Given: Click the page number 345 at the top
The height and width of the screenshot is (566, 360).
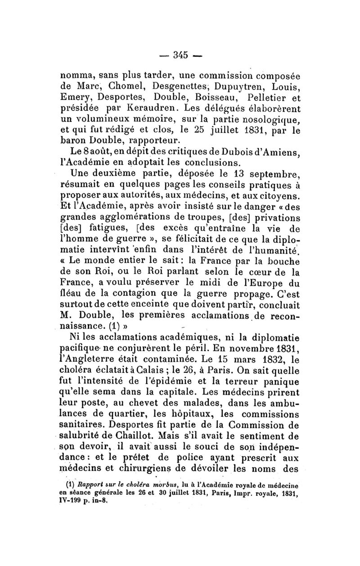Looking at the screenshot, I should (180, 55).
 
